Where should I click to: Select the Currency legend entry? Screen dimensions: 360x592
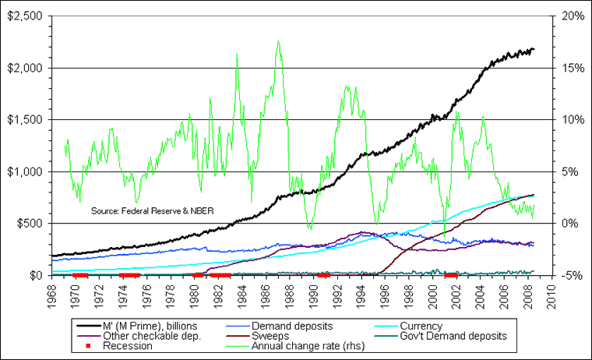pyautogui.click(x=421, y=326)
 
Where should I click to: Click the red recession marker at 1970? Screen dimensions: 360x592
pyautogui.click(x=79, y=275)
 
